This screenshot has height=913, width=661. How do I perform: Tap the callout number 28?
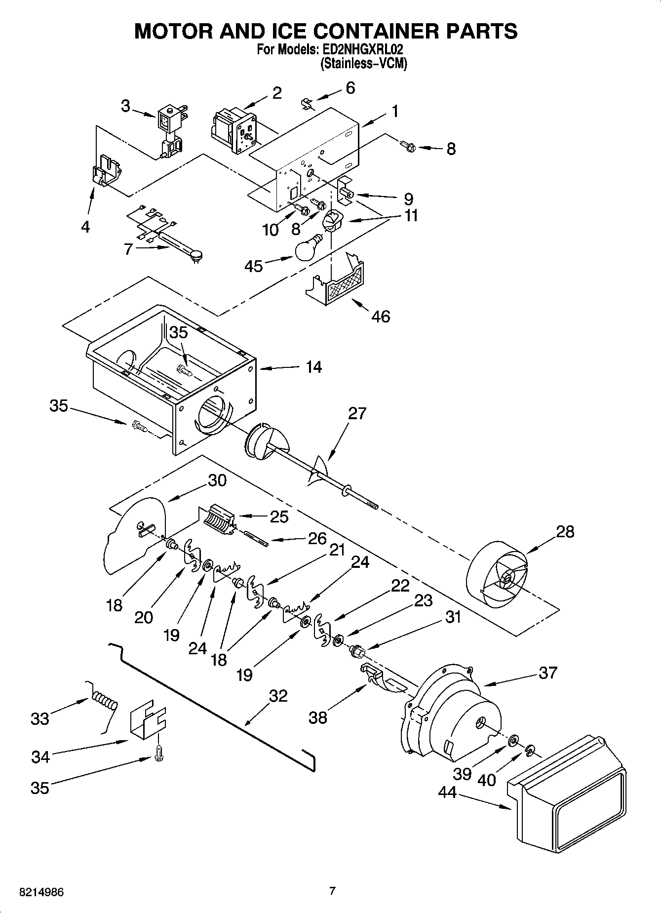point(565,532)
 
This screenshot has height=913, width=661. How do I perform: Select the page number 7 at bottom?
point(332,891)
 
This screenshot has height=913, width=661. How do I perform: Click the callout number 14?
point(313,367)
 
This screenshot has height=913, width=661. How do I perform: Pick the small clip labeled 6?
point(307,103)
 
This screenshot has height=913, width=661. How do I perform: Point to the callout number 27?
point(357,413)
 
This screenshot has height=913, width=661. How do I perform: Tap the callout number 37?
point(548,673)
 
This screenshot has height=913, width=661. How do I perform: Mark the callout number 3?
point(126,106)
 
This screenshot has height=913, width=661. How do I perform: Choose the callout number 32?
point(278,696)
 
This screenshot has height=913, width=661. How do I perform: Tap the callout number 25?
point(279,516)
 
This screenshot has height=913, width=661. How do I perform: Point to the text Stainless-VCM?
point(364,64)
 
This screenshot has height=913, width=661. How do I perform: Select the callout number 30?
point(217,480)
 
